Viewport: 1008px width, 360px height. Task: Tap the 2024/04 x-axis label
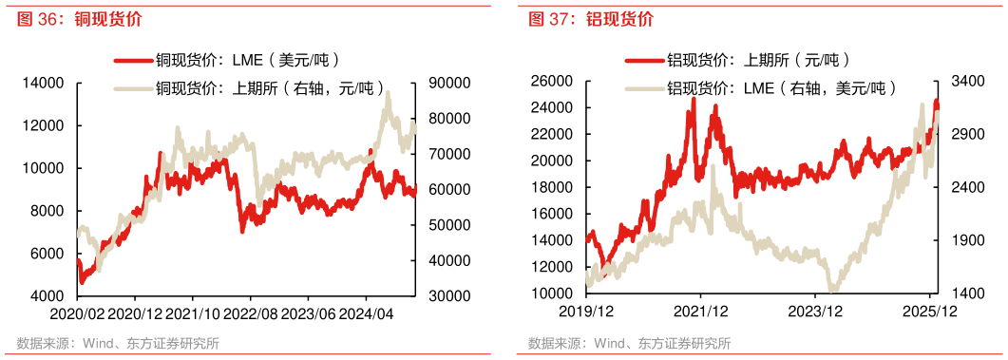tap(367, 312)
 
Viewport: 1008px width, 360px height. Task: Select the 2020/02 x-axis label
tap(77, 312)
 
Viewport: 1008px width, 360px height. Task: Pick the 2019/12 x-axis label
tap(587, 312)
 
